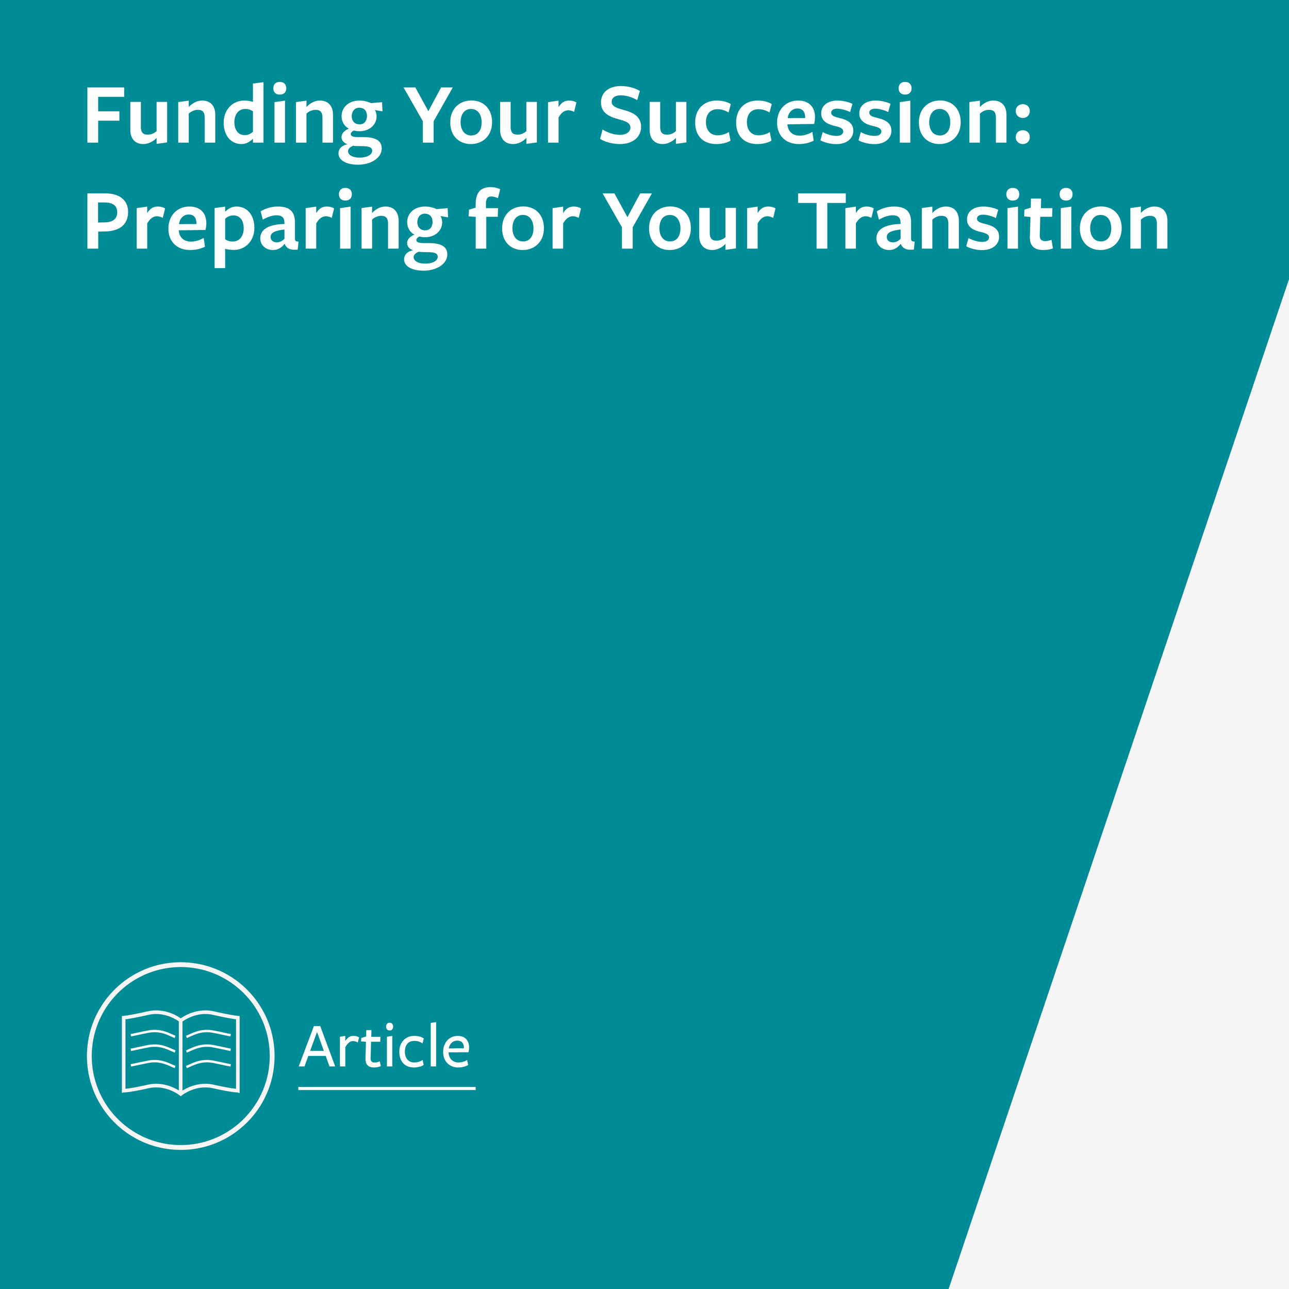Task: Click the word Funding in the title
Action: click(x=233, y=115)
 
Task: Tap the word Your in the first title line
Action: click(x=490, y=115)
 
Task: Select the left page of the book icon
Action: click(x=152, y=1054)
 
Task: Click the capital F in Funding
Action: click(x=102, y=115)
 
